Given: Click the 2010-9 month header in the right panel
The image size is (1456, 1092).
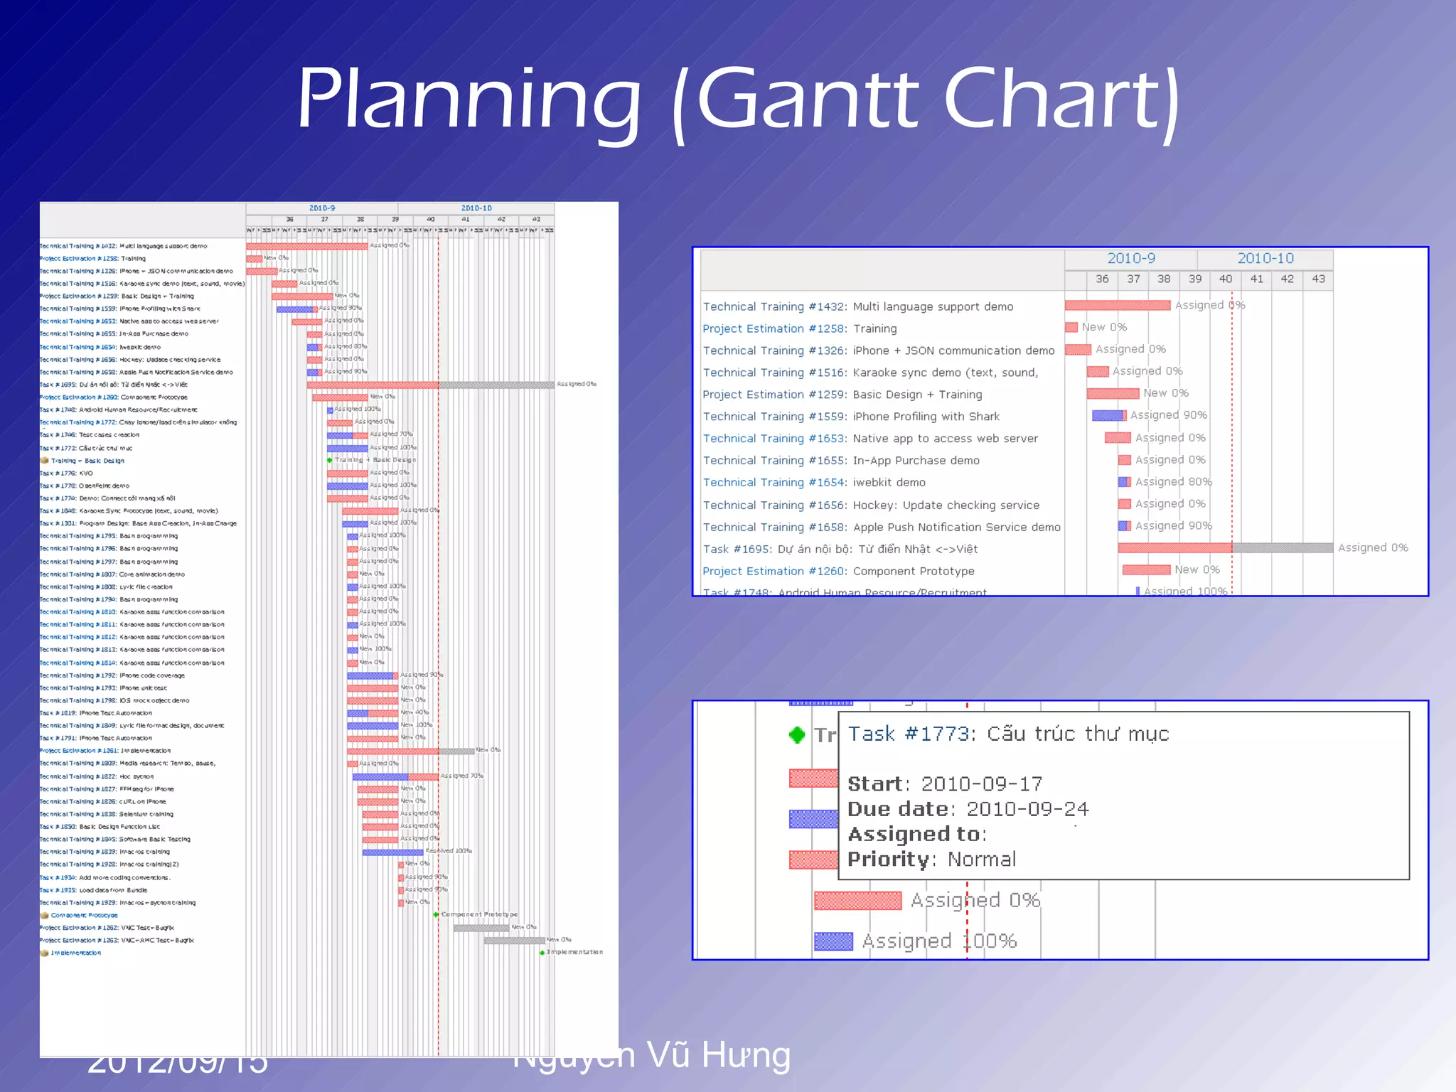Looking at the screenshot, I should pos(1131,259).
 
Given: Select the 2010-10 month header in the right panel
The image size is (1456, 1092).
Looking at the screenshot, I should pos(1265,259).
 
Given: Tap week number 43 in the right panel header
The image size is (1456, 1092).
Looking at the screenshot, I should pos(1318,279).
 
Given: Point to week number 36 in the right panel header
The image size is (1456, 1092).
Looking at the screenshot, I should pos(1102,279).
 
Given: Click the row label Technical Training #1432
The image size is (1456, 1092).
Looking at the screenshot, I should pos(774,306).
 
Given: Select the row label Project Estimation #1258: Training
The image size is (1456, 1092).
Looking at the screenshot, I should pos(799,328).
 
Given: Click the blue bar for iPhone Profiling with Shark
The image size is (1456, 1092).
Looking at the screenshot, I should pos(1107,415).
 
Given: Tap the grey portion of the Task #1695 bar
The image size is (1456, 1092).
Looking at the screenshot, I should pos(1283,547).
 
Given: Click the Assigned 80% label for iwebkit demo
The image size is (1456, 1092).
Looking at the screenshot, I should pos(1173,482).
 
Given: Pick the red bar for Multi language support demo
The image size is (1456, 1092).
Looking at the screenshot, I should pos(1118,305).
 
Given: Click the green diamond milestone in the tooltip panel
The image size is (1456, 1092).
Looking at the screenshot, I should pos(797,734).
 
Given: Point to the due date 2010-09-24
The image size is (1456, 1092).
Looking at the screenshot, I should pos(1027,809).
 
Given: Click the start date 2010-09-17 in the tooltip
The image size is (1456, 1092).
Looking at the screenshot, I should pos(981,784).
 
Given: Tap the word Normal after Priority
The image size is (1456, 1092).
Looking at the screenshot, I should pos(982,860).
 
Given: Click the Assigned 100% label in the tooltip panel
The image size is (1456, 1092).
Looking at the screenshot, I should pos(939,941).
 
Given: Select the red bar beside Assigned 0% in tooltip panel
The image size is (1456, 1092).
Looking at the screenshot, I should pos(857,901).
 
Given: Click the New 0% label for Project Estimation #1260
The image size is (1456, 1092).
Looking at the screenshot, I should pos(1197,570).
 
